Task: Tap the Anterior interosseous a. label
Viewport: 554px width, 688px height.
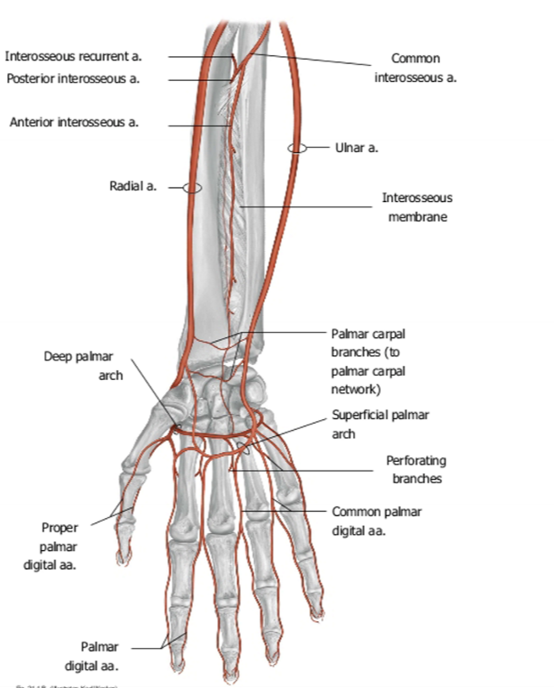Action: pos(74,123)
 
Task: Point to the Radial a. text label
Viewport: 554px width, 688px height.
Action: pos(132,186)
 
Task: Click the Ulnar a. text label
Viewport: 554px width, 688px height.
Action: pos(357,148)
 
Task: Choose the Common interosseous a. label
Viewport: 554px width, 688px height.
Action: pos(415,68)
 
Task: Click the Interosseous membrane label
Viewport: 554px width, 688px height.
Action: pos(417,206)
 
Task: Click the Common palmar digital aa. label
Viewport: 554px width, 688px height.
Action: pos(376,520)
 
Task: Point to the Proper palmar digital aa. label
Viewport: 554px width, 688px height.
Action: pos(59,546)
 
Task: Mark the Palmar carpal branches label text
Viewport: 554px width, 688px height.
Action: pos(369,361)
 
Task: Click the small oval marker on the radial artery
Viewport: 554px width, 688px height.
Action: pos(192,188)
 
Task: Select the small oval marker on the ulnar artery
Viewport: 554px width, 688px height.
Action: pos(298,148)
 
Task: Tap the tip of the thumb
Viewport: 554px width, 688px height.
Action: pos(122,558)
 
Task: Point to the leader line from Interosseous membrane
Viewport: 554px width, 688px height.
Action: pos(311,206)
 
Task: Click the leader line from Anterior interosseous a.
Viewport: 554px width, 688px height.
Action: pos(200,124)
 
